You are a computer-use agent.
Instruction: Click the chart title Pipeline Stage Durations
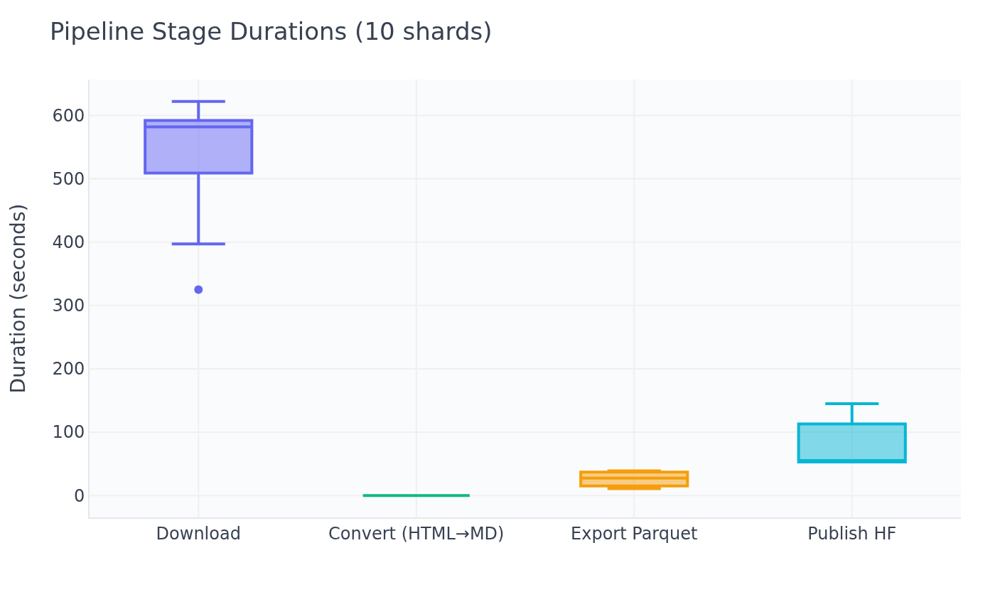[270, 33]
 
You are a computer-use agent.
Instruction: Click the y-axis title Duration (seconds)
[19, 298]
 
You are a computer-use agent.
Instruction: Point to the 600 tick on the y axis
[68, 115]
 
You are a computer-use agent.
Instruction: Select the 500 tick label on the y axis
[68, 178]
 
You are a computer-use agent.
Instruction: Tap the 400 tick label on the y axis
[68, 242]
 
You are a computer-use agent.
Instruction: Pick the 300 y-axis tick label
[68, 305]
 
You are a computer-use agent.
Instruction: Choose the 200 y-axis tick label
[68, 369]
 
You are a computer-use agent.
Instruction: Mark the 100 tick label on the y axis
[68, 432]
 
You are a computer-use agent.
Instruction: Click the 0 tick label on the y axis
[79, 495]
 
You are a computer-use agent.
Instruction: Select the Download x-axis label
[198, 534]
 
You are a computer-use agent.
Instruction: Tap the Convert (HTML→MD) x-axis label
[416, 534]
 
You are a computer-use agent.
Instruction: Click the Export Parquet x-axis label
[634, 534]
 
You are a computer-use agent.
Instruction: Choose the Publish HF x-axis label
[851, 534]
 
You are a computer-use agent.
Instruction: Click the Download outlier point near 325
[198, 289]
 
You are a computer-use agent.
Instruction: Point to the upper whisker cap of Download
[198, 102]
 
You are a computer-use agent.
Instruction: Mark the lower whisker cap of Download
[198, 244]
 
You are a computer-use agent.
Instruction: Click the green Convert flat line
[416, 495]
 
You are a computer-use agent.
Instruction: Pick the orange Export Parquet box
[634, 479]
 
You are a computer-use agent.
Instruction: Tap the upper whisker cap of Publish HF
[851, 404]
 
